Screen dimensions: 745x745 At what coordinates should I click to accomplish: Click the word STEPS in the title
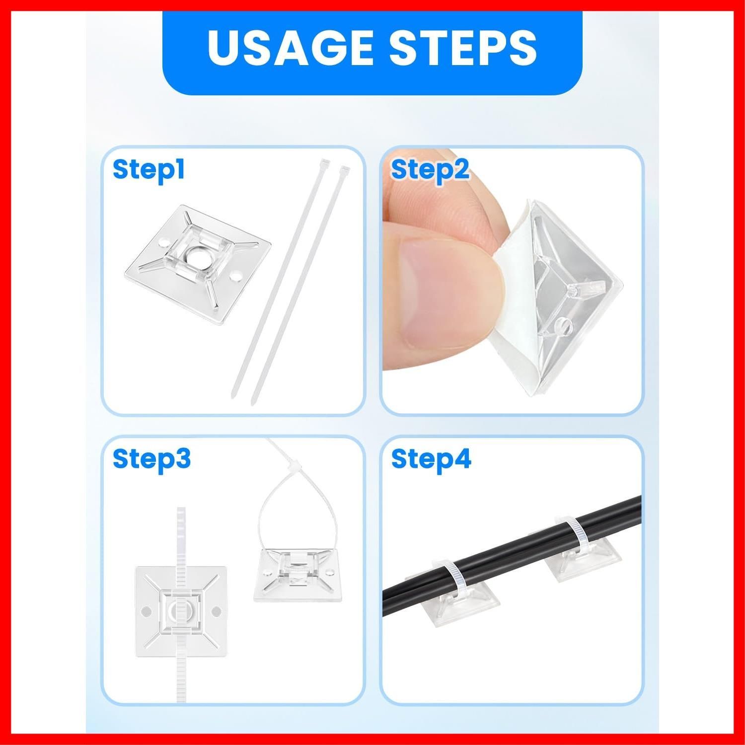(x=462, y=48)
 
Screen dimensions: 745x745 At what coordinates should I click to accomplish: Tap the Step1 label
(x=149, y=169)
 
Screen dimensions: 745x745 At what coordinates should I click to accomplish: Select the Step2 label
(x=430, y=170)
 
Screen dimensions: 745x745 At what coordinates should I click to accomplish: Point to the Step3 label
(x=151, y=459)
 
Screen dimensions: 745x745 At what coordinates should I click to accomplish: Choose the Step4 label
(x=431, y=459)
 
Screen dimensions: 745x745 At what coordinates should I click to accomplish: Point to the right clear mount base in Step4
(x=581, y=559)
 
